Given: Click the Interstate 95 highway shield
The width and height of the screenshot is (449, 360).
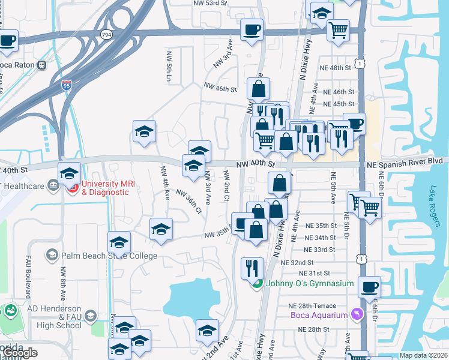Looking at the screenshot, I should (66, 86).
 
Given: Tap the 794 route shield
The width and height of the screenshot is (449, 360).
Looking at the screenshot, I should (106, 35).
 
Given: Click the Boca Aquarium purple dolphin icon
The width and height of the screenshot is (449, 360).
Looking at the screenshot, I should (358, 315).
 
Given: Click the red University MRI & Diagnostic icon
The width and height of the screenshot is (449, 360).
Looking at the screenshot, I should (73, 188).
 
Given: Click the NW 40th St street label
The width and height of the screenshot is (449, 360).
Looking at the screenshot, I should (255, 164).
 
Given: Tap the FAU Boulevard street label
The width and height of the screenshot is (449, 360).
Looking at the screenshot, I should (28, 280).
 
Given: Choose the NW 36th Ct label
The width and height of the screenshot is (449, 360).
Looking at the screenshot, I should (188, 202).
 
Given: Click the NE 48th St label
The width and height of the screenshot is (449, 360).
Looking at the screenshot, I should (337, 68).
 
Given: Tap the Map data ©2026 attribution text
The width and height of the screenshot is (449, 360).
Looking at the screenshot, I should (423, 355).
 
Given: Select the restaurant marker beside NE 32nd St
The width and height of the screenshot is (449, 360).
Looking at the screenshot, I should (252, 267).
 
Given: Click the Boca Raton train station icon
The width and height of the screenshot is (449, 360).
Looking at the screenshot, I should (42, 65).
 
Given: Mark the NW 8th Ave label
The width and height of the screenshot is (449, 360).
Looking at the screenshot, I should (62, 282).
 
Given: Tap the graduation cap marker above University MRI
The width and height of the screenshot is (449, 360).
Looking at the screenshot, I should (69, 173).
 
